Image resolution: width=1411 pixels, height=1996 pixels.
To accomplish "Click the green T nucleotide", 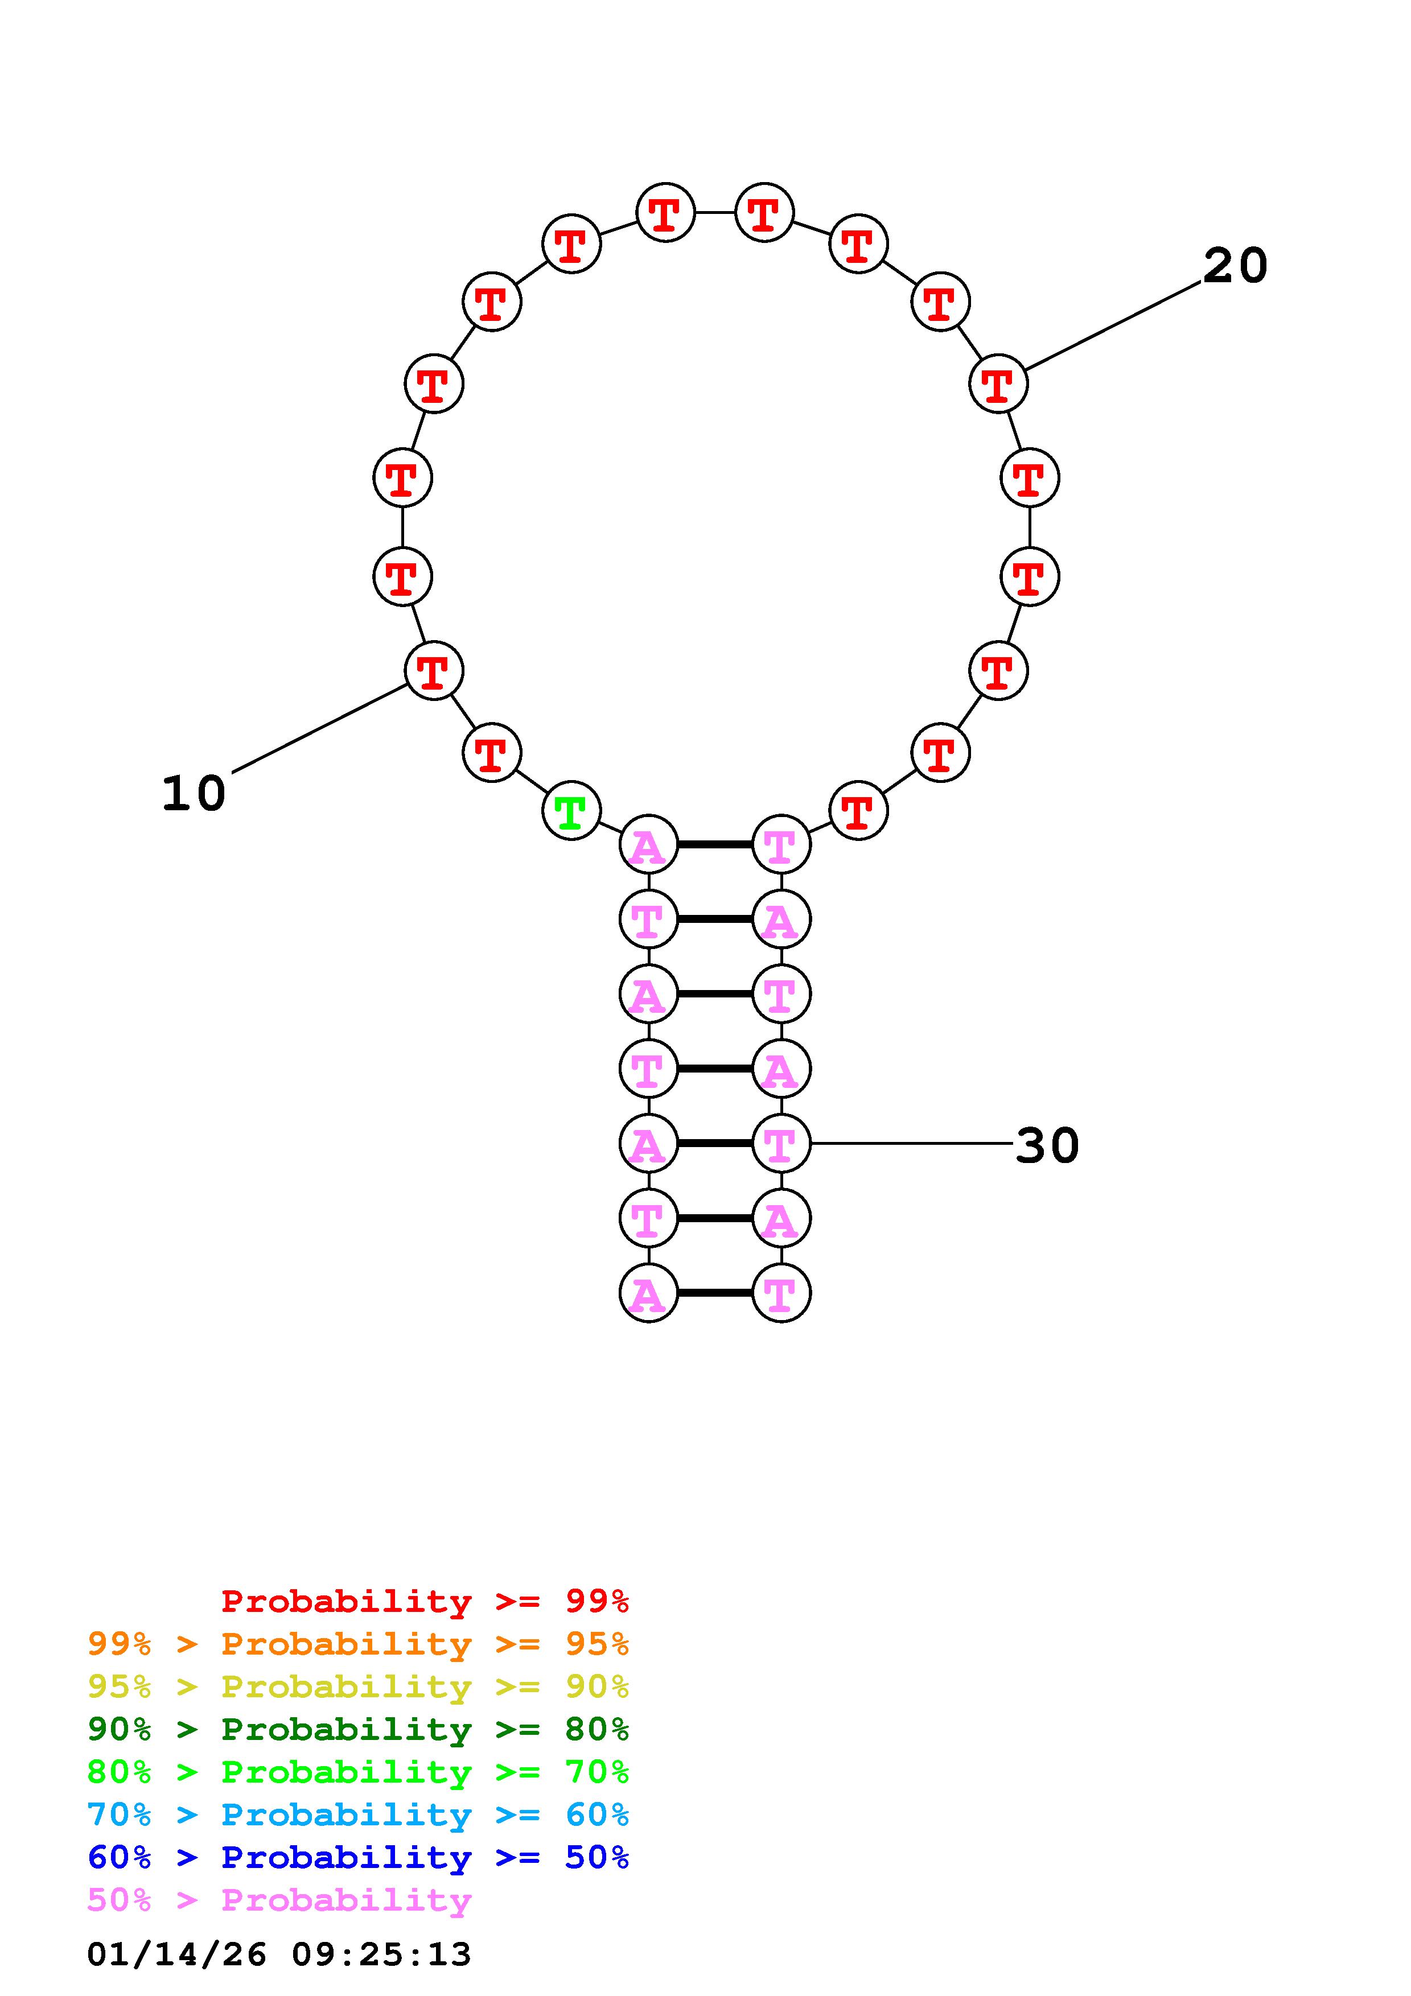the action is (571, 811).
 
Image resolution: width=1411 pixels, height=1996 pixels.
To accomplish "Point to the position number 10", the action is (194, 794).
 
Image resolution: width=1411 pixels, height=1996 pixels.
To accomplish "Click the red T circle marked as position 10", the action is (434, 670).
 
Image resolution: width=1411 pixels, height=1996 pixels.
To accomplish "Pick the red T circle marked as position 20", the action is (998, 383).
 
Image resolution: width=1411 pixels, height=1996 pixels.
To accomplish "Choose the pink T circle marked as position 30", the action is (781, 1143).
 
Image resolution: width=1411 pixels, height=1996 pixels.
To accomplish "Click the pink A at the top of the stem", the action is (648, 844).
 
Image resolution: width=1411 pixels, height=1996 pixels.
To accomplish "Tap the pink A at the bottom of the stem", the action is (648, 1293).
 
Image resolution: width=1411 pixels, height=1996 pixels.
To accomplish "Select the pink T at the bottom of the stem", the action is (781, 1293).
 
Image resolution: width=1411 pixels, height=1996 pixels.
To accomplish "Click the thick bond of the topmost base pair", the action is (715, 844).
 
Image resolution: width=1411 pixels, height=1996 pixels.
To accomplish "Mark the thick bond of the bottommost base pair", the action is (715, 1293).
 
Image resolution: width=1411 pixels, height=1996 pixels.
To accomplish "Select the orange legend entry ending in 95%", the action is (358, 1644).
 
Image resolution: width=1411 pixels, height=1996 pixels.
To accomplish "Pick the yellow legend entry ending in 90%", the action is (358, 1686).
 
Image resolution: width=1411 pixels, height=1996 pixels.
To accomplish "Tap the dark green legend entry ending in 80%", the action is (358, 1729).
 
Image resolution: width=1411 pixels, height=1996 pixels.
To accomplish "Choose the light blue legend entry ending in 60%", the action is (358, 1814).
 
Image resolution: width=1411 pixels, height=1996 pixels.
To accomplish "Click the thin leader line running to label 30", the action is (911, 1143).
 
